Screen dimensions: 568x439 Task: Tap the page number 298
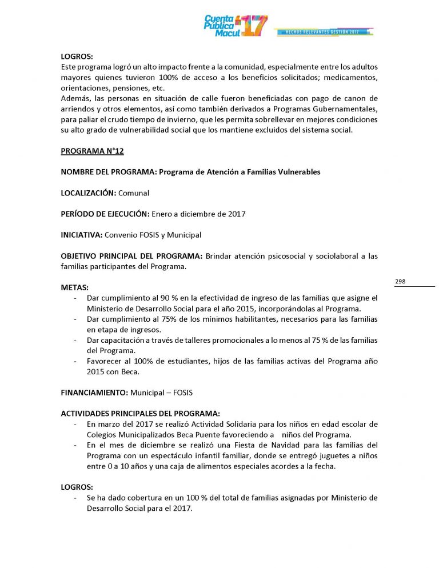click(x=400, y=282)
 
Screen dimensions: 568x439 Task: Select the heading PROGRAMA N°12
click(x=92, y=151)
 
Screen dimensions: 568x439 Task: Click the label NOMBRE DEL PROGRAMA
click(x=109, y=172)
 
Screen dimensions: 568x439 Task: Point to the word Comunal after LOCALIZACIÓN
click(x=134, y=193)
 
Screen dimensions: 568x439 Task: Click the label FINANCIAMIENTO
click(x=94, y=393)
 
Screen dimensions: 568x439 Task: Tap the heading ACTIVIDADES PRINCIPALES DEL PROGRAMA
click(x=140, y=414)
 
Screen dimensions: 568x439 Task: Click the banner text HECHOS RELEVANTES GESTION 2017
click(x=324, y=32)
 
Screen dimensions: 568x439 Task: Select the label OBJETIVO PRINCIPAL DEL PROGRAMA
click(x=131, y=256)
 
